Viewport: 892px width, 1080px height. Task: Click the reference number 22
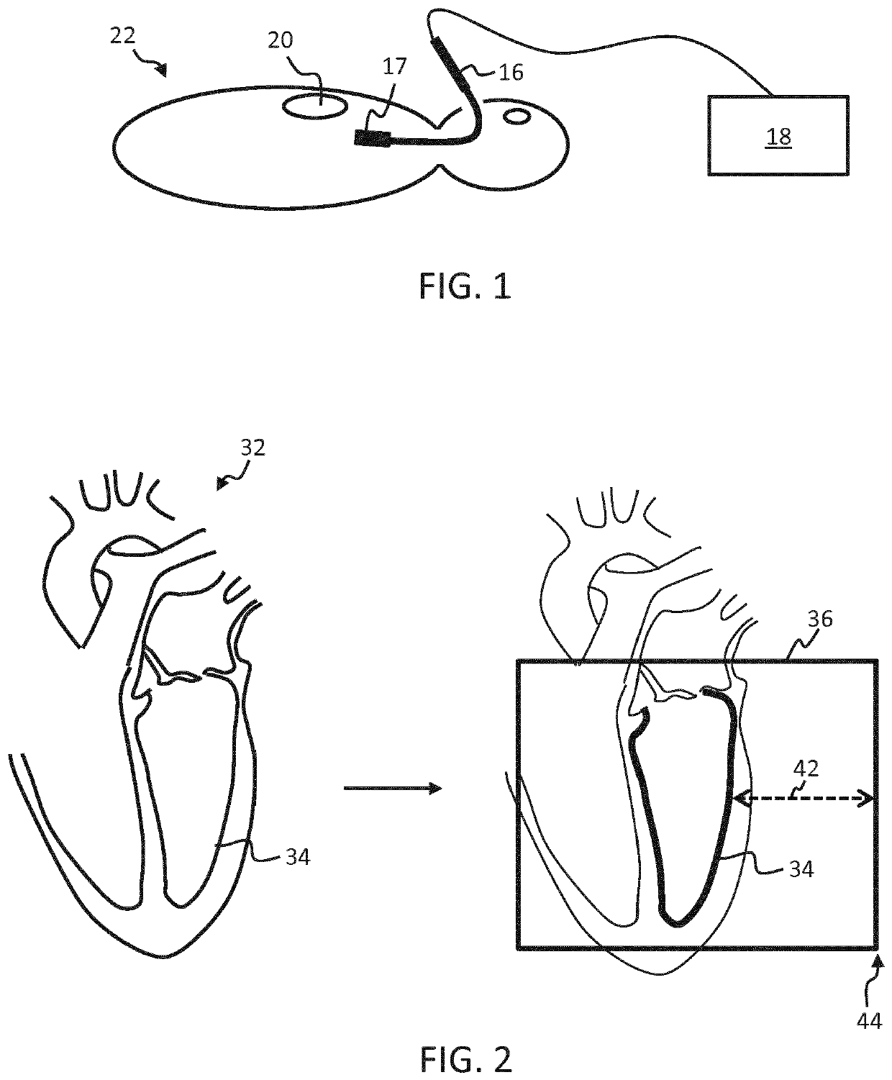tap(122, 36)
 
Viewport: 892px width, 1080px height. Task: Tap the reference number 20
tap(281, 40)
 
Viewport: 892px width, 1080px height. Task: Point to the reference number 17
tap(395, 68)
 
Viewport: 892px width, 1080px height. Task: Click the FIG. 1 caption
tap(465, 287)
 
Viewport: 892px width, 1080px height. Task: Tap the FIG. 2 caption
tap(465, 1059)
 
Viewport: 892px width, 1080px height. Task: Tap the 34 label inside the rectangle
tap(799, 869)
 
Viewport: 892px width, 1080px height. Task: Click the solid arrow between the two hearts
tap(392, 789)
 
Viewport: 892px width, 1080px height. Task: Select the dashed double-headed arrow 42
tap(804, 797)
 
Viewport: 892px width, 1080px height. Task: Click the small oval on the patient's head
tap(516, 115)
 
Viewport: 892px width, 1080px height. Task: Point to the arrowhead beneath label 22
tap(162, 71)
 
